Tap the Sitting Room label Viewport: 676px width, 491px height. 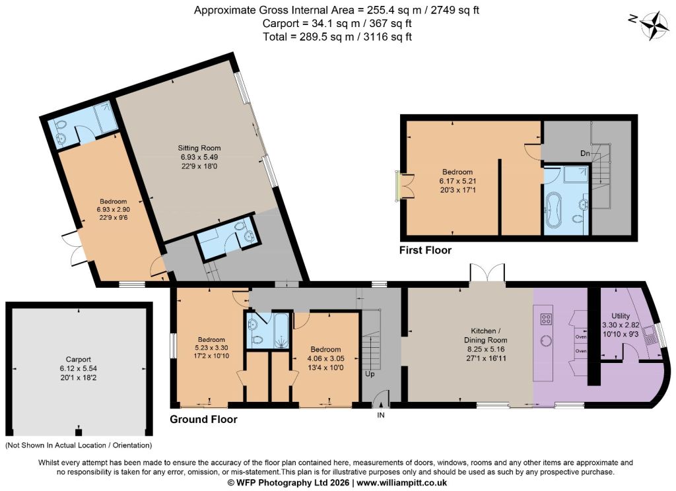click(x=199, y=148)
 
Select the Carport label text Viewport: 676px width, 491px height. click(x=79, y=359)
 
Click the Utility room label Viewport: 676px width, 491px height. click(x=621, y=315)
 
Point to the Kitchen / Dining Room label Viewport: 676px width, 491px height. click(x=485, y=335)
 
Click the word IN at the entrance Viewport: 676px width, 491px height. click(x=381, y=415)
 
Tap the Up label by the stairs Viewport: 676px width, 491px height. click(x=370, y=374)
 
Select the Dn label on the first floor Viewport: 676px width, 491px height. click(x=585, y=153)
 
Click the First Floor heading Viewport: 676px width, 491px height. click(x=425, y=250)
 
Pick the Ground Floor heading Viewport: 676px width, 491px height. click(x=203, y=419)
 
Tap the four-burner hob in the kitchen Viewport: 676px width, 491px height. click(x=547, y=319)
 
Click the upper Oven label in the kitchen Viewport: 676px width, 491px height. click(x=581, y=337)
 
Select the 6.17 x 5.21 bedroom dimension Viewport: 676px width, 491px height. click(x=457, y=181)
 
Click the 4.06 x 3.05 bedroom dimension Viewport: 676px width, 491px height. click(x=325, y=358)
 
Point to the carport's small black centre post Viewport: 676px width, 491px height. click(x=79, y=432)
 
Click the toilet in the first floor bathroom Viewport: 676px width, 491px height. click(x=578, y=219)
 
